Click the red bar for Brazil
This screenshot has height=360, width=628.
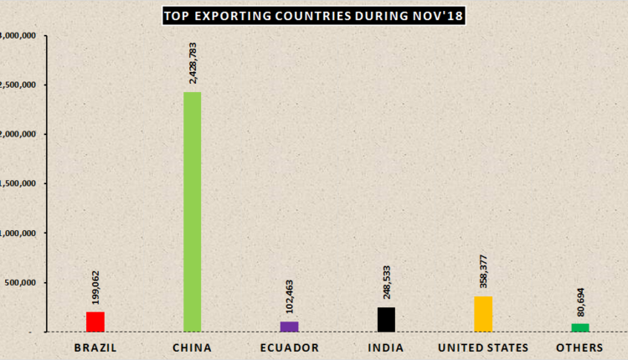[x=95, y=321]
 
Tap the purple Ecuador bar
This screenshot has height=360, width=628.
[x=289, y=327]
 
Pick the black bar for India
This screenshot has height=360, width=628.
[x=385, y=320]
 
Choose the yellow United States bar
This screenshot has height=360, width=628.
[x=483, y=314]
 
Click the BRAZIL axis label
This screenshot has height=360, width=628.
[x=95, y=347]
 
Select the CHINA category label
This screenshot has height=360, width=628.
[x=192, y=347]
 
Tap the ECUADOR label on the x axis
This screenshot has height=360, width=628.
[x=288, y=347]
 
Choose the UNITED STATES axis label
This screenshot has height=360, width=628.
[x=483, y=347]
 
